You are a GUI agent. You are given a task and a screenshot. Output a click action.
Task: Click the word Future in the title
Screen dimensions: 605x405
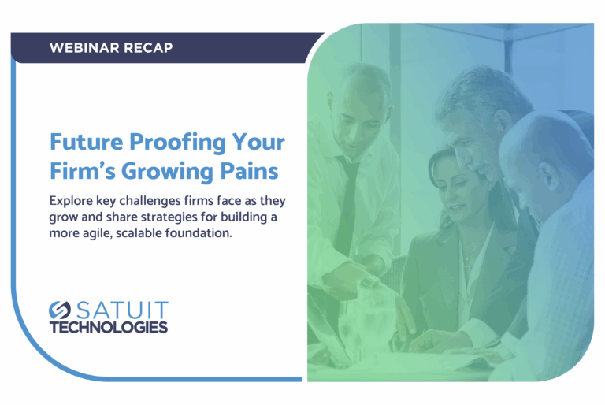[87, 142]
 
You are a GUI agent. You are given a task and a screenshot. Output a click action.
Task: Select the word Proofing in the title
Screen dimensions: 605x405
[177, 143]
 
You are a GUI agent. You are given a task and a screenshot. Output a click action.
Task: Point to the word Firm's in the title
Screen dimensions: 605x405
[82, 171]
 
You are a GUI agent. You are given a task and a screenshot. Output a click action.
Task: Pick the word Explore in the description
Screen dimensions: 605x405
[71, 201]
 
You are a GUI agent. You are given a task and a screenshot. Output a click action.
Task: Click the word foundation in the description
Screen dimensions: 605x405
[198, 233]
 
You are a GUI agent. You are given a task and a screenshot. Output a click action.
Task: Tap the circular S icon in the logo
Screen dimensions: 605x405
[60, 310]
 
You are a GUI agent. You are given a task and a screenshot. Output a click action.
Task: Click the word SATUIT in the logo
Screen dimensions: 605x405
[122, 310]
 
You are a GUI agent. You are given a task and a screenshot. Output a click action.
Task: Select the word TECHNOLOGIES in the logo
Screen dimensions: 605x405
[109, 328]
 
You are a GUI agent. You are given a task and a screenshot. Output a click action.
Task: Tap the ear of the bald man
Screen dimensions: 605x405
[548, 174]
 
